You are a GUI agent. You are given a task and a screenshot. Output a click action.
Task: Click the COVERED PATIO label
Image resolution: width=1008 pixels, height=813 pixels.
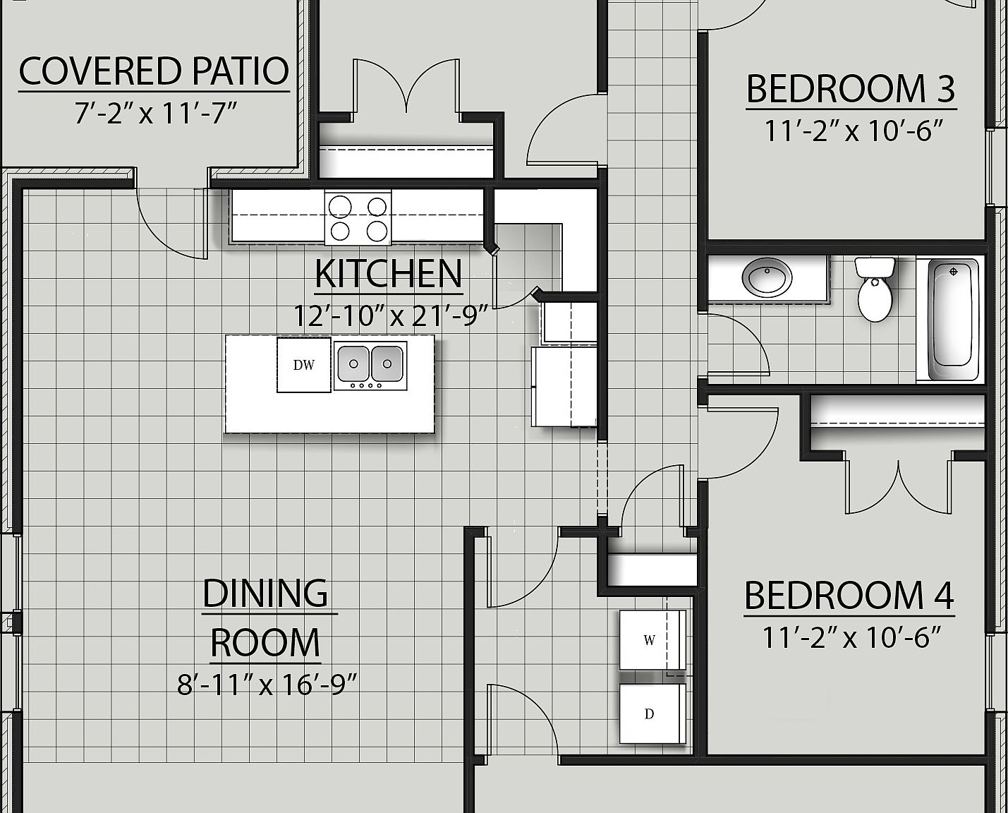[154, 71]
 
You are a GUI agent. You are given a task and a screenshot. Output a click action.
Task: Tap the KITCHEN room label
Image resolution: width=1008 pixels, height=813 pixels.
[389, 274]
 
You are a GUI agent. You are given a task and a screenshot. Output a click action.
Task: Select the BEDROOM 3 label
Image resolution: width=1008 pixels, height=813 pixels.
[851, 89]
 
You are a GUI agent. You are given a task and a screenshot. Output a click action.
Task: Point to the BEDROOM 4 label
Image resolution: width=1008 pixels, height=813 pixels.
[849, 595]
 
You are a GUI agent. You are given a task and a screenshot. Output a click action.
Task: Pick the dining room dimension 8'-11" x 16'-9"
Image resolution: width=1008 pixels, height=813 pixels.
[267, 684]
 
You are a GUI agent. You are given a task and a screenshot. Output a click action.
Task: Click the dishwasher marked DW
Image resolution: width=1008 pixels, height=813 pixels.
[303, 365]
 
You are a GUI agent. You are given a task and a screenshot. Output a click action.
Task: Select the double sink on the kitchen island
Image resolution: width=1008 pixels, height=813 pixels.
[370, 365]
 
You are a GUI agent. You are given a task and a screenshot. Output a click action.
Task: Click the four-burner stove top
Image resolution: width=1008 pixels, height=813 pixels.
[358, 218]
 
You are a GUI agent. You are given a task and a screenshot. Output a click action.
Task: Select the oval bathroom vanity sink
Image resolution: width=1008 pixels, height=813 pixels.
[770, 277]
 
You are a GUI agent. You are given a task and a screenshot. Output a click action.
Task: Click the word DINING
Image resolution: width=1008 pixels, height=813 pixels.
[265, 594]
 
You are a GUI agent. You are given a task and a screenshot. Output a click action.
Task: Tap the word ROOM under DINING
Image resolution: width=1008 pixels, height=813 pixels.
[265, 642]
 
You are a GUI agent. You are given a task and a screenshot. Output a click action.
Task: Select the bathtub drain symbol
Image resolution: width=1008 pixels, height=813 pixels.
[954, 272]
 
